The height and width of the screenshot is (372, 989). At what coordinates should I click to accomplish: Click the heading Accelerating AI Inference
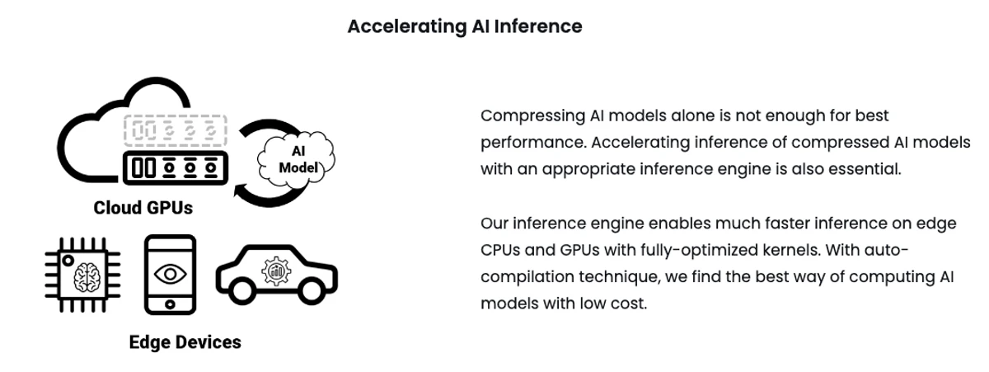pos(465,26)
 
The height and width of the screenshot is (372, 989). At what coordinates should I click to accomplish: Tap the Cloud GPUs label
pos(143,208)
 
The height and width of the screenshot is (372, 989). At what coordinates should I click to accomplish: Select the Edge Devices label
pos(185,342)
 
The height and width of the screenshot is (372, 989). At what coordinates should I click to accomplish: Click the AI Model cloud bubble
pos(296,159)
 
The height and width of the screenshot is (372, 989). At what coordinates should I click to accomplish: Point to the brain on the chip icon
pos(87,277)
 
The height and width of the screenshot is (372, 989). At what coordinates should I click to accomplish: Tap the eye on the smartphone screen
pos(170,275)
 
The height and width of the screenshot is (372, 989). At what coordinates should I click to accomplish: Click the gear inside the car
pos(276,271)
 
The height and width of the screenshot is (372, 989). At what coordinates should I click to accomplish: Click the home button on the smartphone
pos(170,304)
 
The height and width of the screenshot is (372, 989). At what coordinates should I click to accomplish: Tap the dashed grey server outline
pos(176,131)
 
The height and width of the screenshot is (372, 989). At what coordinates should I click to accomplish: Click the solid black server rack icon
pos(176,168)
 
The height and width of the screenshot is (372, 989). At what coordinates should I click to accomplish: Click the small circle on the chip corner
pos(68,260)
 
